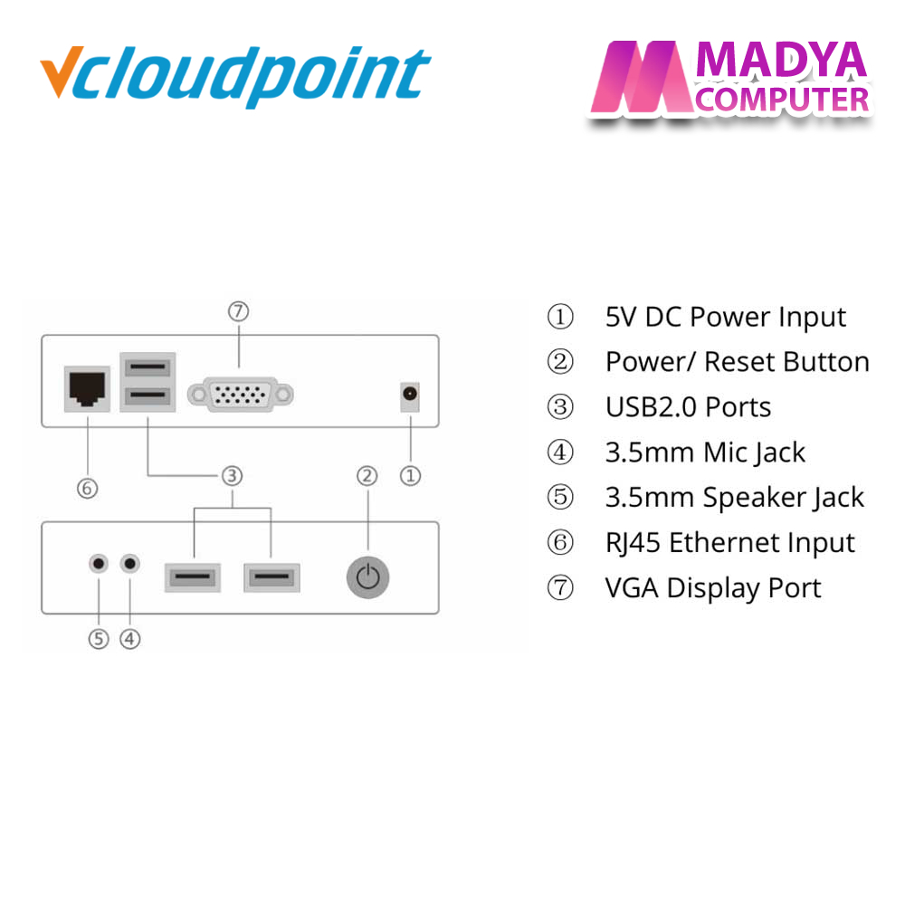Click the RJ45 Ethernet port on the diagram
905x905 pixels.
pos(87,388)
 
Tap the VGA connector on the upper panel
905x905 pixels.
pos(240,395)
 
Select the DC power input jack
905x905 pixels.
pos(410,396)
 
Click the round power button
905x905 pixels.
pos(367,577)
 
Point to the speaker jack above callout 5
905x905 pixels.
pos(99,563)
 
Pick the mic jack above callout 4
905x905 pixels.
pos(129,563)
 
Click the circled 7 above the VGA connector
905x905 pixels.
pos(238,311)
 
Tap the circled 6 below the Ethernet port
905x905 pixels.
pos(87,489)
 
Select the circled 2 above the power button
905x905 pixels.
pos(367,476)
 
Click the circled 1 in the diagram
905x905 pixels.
pos(410,476)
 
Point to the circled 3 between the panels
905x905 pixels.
pos(232,476)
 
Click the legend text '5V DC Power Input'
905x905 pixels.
pos(726,318)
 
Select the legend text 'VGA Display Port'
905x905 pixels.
pos(713,589)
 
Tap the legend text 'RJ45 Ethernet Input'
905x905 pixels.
pos(730,543)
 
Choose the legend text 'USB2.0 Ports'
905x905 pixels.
pos(688,407)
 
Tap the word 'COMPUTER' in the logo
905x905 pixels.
pos(782,100)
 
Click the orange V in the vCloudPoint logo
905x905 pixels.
pos(61,71)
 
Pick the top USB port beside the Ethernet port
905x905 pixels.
pos(148,367)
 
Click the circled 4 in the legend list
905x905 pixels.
pos(560,452)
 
